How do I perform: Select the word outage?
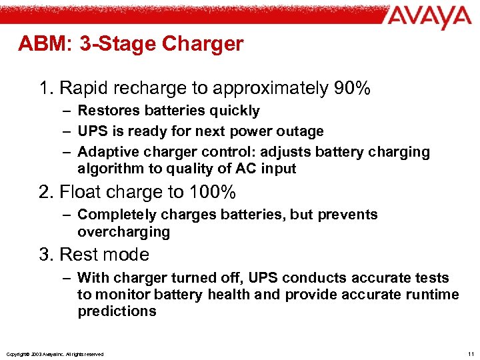pyautogui.click(x=299, y=131)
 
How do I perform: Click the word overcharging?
pyautogui.click(x=123, y=232)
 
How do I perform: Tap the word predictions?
pyautogui.click(x=117, y=311)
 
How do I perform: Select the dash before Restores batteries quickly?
pyautogui.click(x=65, y=111)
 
